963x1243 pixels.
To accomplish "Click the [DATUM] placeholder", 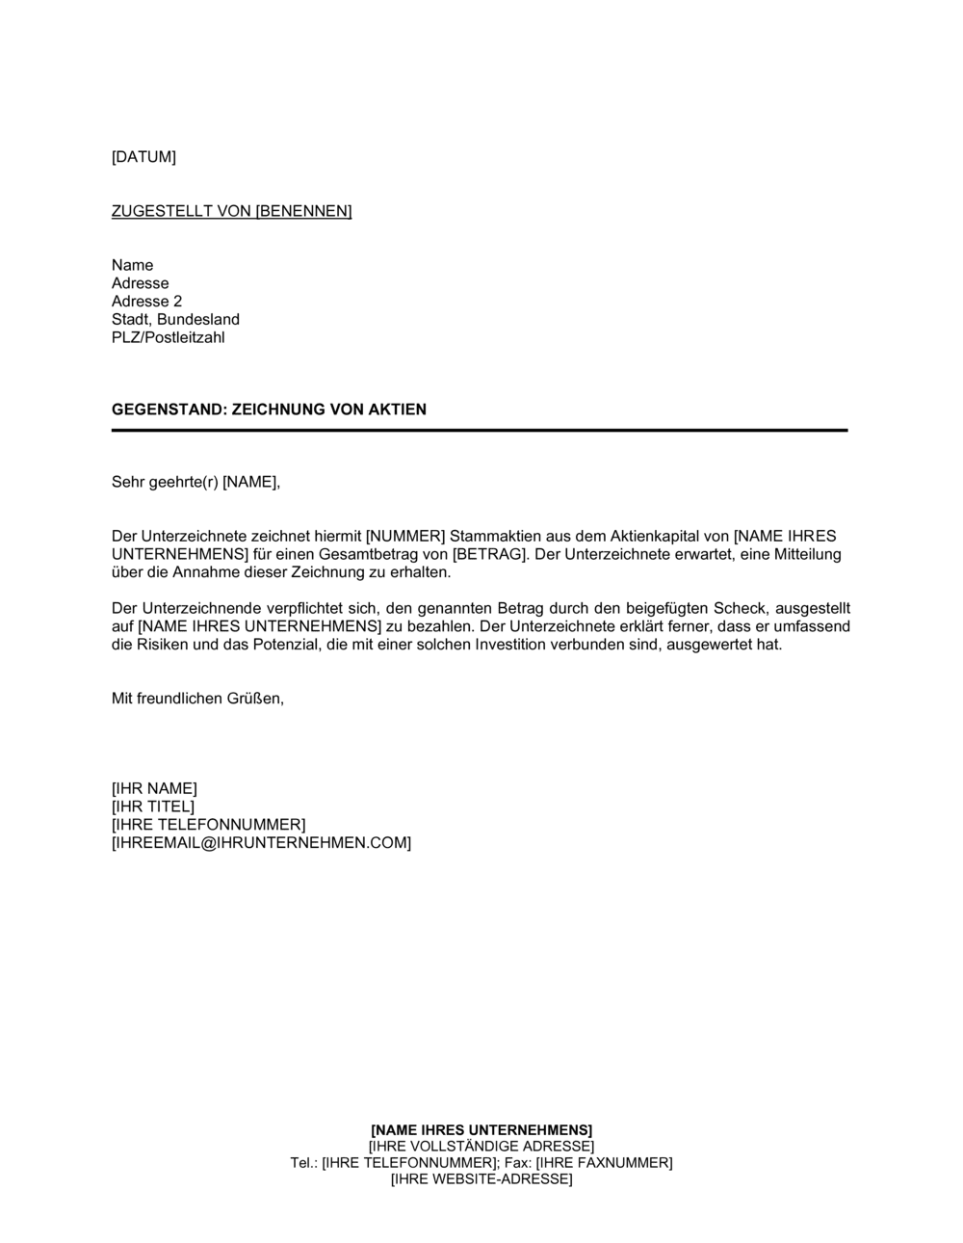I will (143, 157).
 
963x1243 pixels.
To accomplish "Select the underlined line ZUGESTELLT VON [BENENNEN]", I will (231, 211).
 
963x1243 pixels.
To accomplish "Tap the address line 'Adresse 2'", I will (146, 302).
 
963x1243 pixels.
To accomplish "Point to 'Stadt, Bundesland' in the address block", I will (175, 320).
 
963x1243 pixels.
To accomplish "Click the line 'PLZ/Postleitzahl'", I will (168, 338).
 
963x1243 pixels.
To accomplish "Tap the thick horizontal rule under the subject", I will (479, 430).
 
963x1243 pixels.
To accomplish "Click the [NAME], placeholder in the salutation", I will (251, 482).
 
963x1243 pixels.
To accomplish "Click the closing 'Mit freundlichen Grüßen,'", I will (197, 699).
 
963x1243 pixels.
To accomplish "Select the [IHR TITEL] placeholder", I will (152, 807).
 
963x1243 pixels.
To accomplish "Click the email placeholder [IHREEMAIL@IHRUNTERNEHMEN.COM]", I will (261, 843).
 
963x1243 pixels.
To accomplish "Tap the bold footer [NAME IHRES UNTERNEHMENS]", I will (481, 1129).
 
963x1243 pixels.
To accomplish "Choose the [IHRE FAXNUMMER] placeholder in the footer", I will (604, 1163).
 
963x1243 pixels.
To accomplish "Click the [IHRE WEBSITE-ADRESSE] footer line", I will (481, 1179).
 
